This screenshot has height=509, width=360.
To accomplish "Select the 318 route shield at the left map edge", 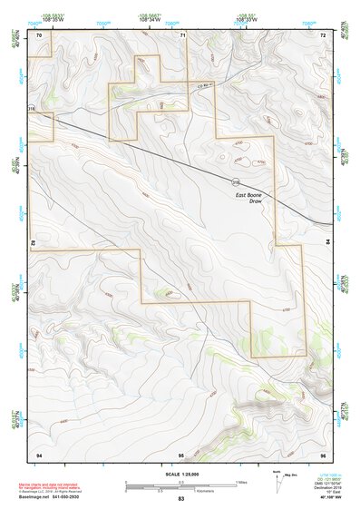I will pyautogui.click(x=32, y=109).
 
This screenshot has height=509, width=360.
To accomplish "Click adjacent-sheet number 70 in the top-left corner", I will pyautogui.click(x=39, y=34).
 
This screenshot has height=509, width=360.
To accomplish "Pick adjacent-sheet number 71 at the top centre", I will pyautogui.click(x=182, y=34).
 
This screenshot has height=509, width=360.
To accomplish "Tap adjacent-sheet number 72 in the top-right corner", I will pyautogui.click(x=323, y=34).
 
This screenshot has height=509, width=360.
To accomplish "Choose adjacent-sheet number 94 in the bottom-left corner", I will pyautogui.click(x=39, y=453).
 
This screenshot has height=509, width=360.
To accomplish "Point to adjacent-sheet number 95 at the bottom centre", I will pyautogui.click(x=181, y=453).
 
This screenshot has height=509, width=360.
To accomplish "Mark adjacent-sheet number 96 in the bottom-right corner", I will pyautogui.click(x=323, y=453).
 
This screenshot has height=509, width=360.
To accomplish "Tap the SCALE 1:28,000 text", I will pyautogui.click(x=181, y=474).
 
